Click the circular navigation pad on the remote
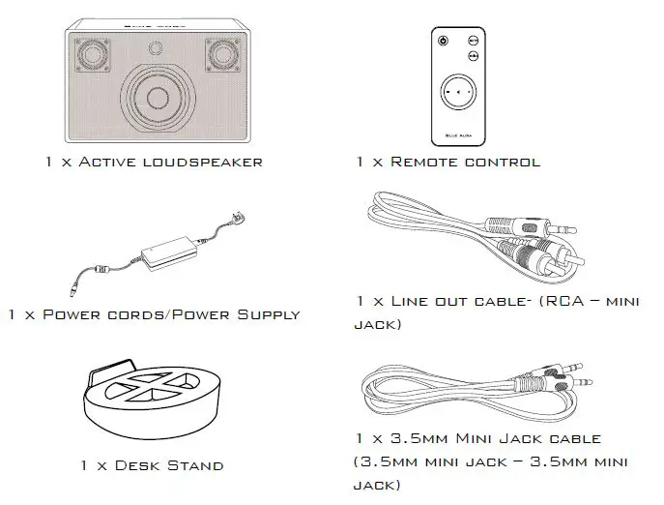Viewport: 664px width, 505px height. [457, 95]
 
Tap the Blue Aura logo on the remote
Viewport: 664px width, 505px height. [457, 134]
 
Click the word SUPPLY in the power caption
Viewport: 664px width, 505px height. [263, 314]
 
